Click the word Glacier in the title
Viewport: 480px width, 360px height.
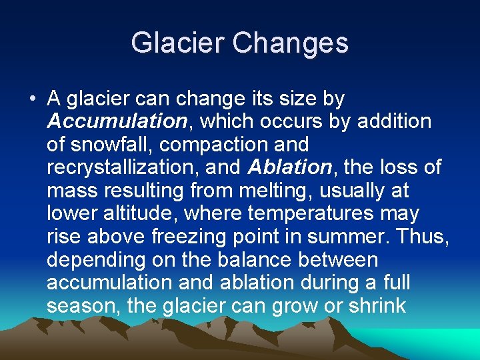[x=177, y=43]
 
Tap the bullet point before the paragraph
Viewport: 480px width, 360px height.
[x=32, y=100]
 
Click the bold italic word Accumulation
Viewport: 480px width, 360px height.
[x=117, y=121]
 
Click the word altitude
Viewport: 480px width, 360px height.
[x=137, y=213]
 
